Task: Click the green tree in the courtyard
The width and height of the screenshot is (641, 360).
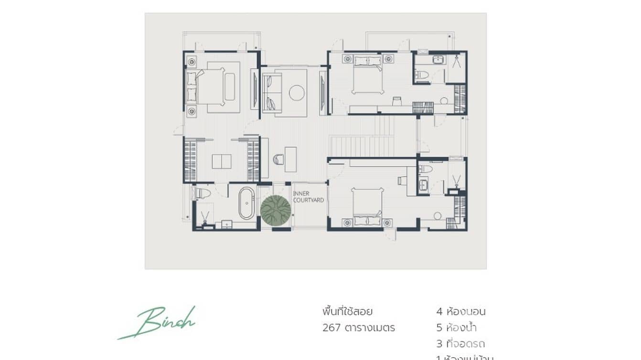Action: tap(276, 211)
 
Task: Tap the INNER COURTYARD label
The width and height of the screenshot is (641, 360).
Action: tap(308, 197)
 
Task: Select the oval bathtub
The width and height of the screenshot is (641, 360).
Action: tap(246, 203)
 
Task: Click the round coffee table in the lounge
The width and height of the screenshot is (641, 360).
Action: tap(297, 93)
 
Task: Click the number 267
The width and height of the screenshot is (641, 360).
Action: tap(331, 328)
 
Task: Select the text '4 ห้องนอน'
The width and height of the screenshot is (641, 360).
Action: tap(460, 312)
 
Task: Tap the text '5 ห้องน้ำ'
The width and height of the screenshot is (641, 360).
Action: tap(456, 328)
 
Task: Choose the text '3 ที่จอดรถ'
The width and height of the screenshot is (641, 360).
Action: tap(460, 344)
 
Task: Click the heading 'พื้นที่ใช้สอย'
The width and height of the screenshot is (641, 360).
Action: tap(347, 312)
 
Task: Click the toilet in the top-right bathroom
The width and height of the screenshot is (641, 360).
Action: tap(421, 75)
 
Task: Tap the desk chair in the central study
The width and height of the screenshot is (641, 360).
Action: tap(278, 159)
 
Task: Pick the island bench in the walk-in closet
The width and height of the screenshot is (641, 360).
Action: tap(222, 161)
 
